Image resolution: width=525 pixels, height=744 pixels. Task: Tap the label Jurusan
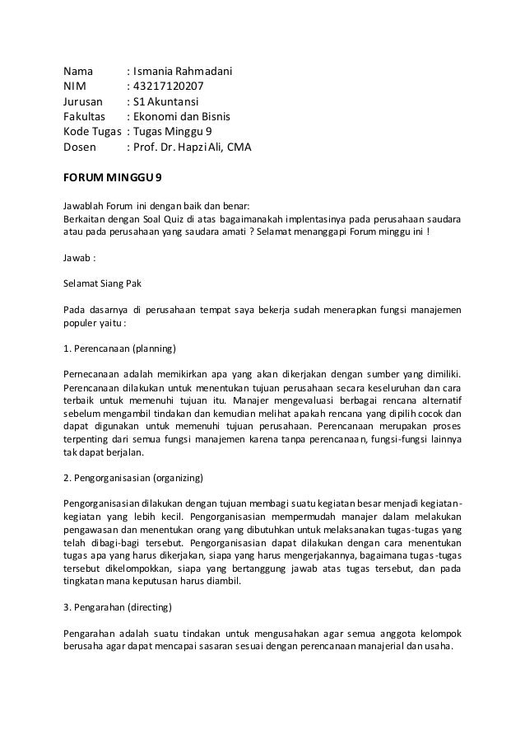click(84, 102)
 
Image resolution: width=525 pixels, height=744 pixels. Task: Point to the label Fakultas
click(86, 117)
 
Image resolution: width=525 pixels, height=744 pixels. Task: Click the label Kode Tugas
click(94, 132)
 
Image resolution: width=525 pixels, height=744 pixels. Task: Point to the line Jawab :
click(80, 256)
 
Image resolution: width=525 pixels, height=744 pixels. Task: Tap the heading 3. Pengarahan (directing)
click(118, 609)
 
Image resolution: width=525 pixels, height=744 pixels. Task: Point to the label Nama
click(79, 72)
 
